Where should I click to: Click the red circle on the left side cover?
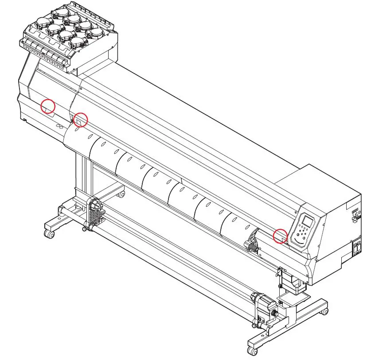(x=48, y=106)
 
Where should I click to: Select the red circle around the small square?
(x=80, y=120)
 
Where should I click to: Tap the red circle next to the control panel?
(x=280, y=236)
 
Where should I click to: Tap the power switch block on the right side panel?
(x=356, y=248)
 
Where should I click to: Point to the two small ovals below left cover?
(x=60, y=127)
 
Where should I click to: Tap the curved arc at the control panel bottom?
(x=300, y=242)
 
